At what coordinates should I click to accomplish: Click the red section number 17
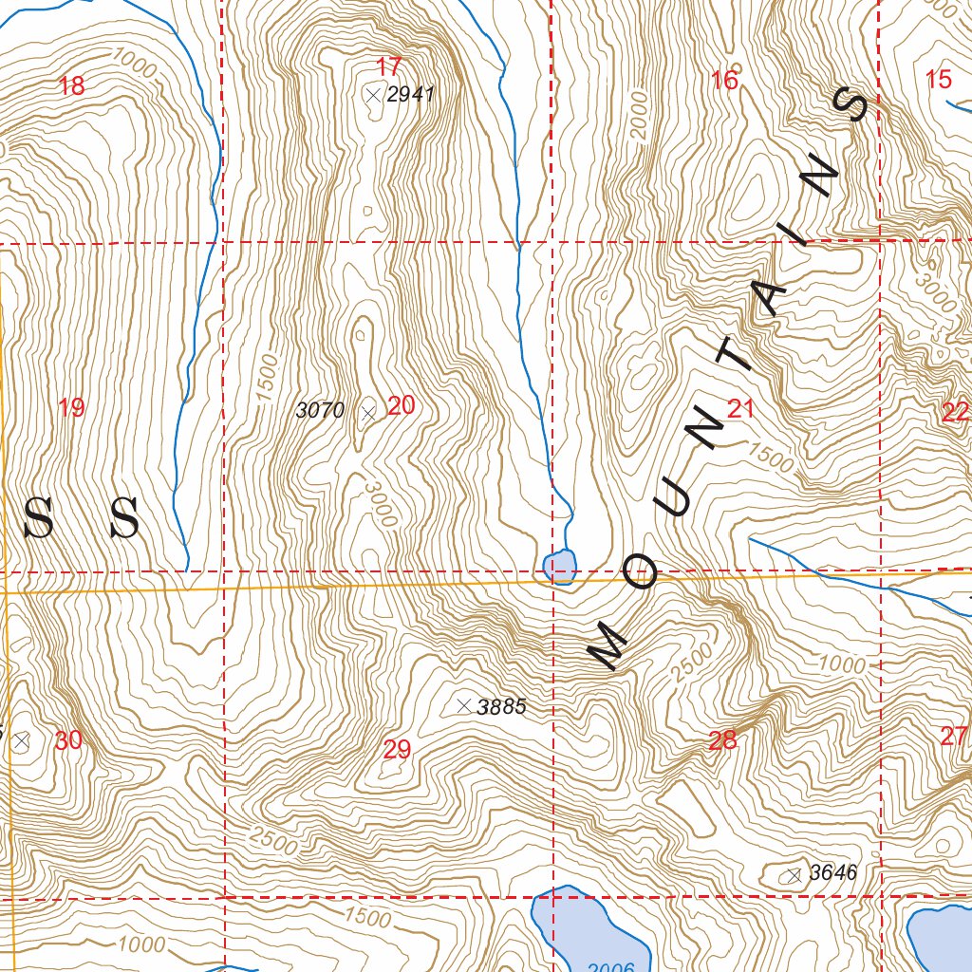coord(388,67)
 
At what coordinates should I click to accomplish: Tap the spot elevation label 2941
coord(410,94)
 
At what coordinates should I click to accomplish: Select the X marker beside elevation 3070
coord(368,411)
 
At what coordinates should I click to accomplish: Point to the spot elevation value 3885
coord(501,707)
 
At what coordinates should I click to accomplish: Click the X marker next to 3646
coord(794,875)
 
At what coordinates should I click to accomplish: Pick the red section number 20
coord(402,406)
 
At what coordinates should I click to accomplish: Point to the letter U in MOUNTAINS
coord(674,501)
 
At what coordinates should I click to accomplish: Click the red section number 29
coord(397,750)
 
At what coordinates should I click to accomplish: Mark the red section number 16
coord(724,81)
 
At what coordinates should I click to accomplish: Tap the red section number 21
coord(740,409)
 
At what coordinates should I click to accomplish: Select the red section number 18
coord(71,87)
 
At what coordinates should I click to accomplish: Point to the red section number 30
coord(68,741)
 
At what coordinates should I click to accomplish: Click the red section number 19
coord(71,409)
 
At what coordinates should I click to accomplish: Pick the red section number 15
coord(938,80)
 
